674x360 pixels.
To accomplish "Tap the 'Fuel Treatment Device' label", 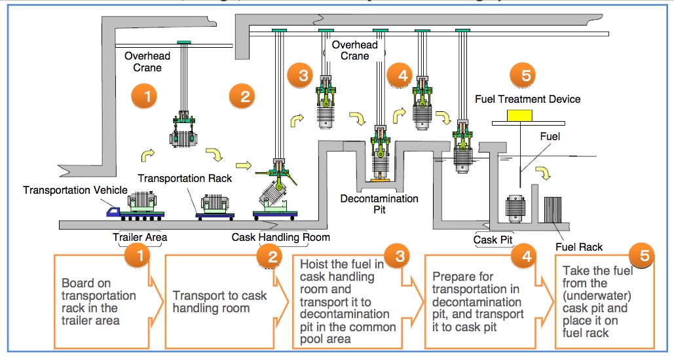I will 527,99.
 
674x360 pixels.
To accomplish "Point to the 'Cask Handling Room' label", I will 281,237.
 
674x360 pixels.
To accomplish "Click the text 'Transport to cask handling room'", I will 219,302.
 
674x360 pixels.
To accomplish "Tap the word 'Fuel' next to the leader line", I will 550,138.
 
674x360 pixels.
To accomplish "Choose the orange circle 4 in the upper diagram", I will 401,75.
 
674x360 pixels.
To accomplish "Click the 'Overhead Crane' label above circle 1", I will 143,62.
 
